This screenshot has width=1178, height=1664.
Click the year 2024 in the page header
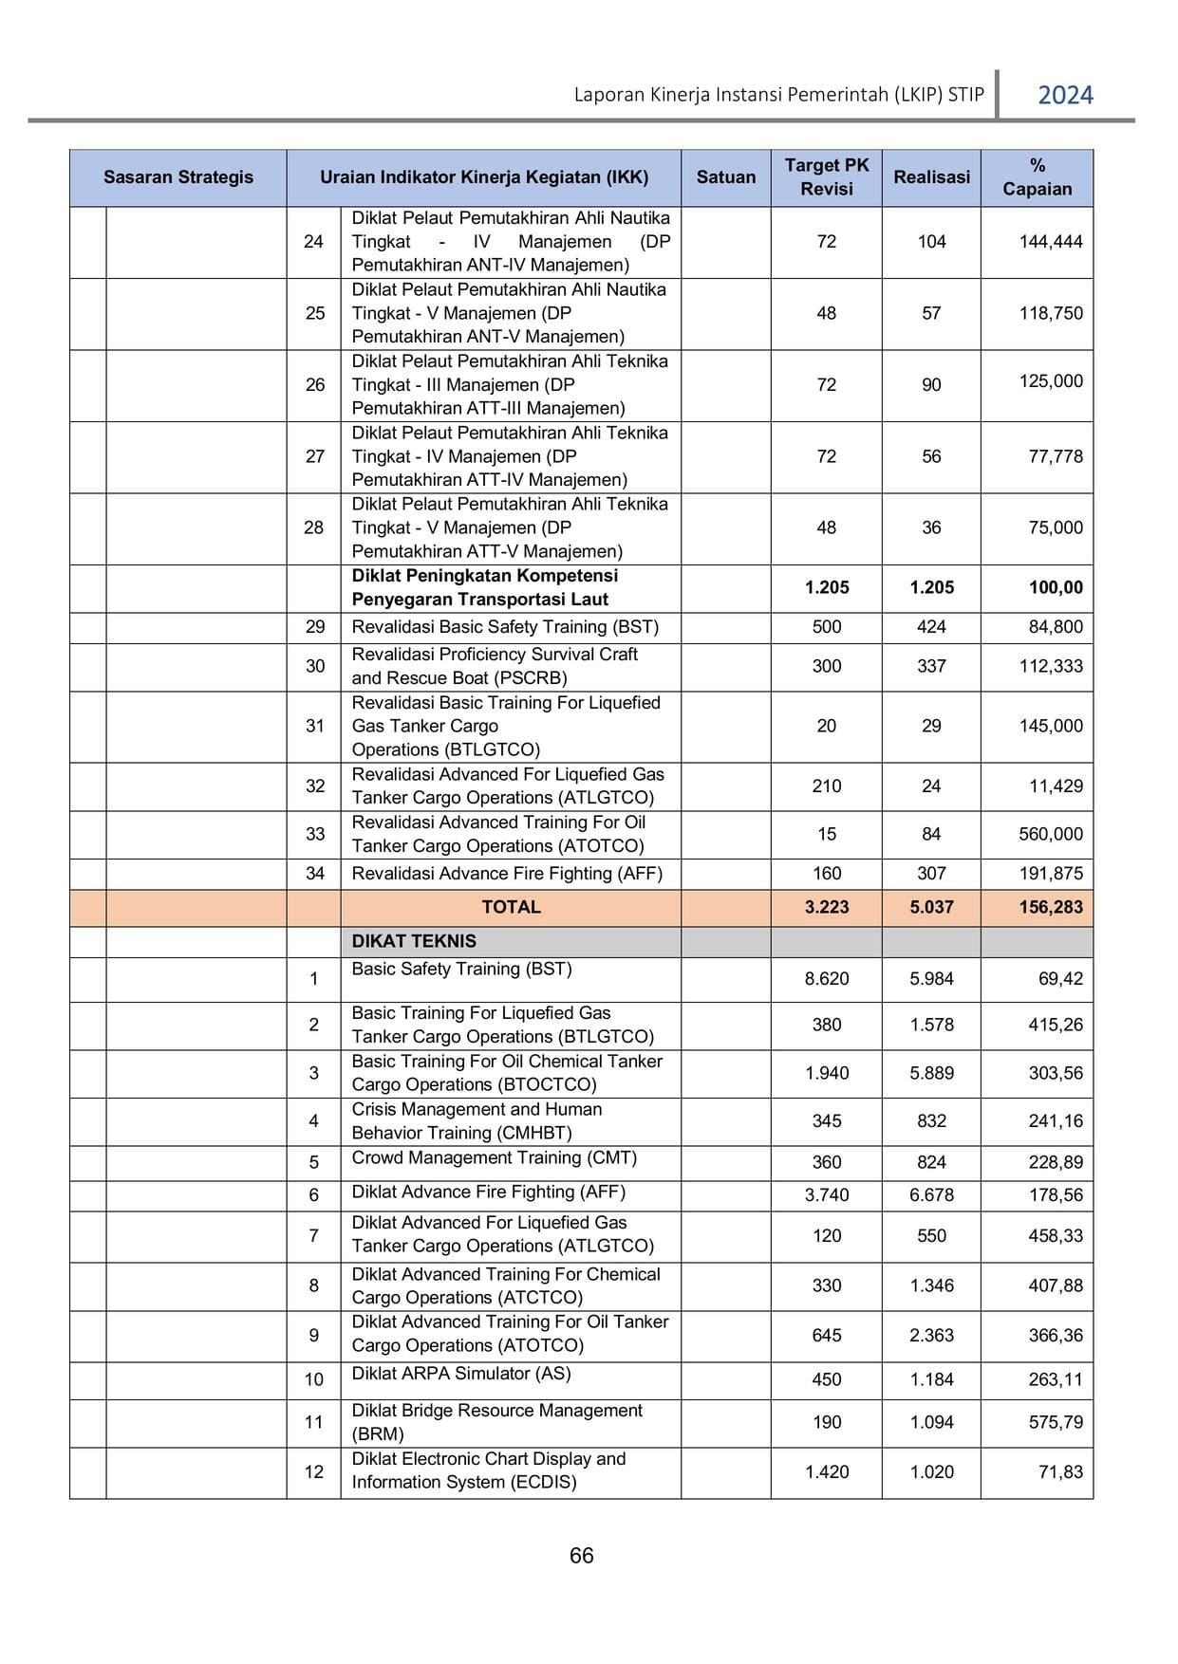pos(1065,95)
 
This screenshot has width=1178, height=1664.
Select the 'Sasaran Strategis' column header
pos(178,177)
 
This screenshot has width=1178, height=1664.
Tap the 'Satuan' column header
pos(725,177)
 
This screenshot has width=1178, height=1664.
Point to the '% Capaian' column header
pos(1037,177)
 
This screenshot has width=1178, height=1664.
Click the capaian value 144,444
pos(1050,242)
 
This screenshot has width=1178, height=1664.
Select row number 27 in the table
pos(314,456)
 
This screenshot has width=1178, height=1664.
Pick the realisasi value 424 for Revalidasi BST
pos(931,627)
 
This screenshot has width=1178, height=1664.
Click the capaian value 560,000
pos(1050,834)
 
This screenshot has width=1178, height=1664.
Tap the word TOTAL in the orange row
pos(511,907)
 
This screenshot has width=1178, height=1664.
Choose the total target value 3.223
pos(826,907)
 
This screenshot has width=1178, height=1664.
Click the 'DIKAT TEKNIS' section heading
pos(414,941)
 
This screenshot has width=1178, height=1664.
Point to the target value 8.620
pos(826,979)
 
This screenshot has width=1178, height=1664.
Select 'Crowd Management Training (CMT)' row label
pos(494,1157)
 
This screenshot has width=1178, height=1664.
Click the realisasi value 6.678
pos(931,1195)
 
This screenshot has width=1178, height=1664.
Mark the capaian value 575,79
pos(1055,1422)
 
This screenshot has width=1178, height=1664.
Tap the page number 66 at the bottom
pos(581,1556)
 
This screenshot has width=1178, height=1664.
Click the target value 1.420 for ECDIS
pos(826,1472)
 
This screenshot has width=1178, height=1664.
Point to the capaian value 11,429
pos(1056,786)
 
